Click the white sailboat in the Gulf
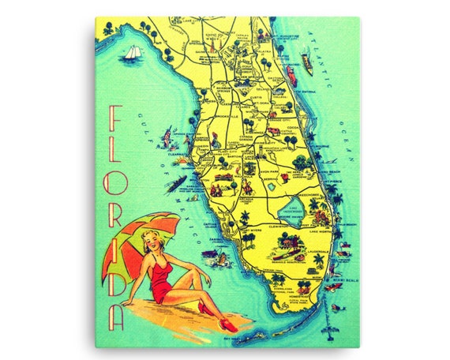[130, 54]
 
